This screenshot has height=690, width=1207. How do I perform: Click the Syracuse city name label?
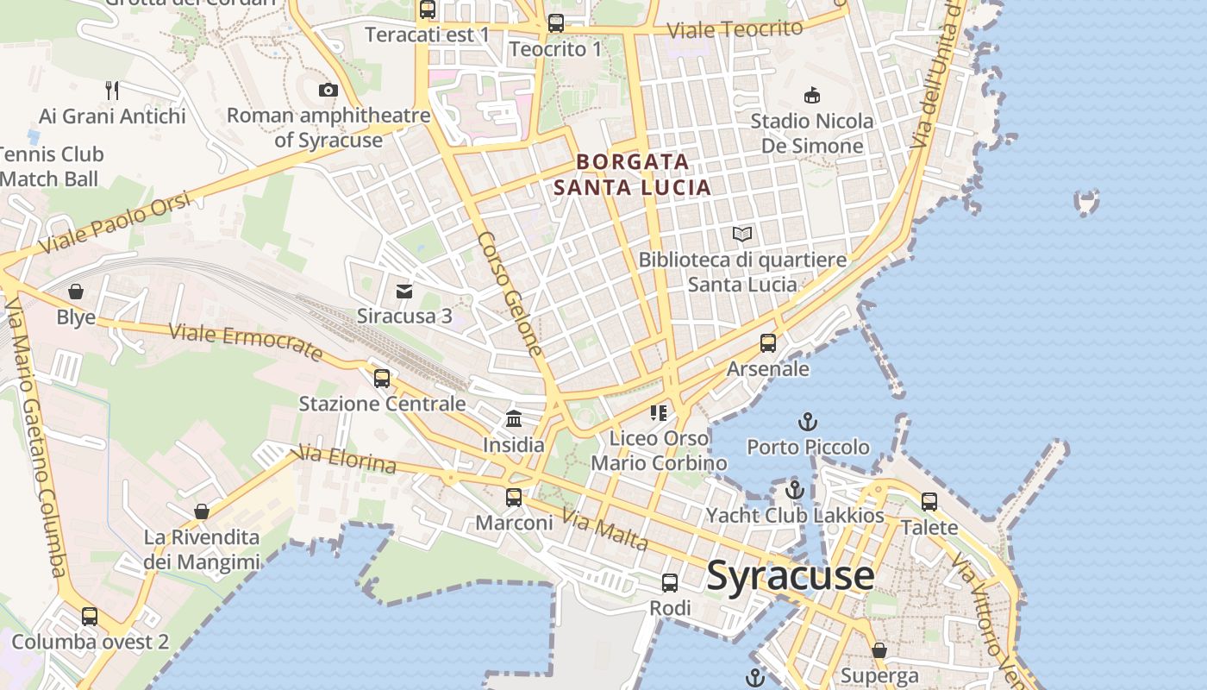(x=790, y=575)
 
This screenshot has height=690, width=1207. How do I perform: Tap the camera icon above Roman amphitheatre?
(x=328, y=90)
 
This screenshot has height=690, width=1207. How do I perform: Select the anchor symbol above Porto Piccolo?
(x=808, y=422)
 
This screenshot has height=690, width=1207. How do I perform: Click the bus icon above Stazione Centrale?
(x=382, y=378)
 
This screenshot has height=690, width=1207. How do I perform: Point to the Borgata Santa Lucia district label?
(x=633, y=174)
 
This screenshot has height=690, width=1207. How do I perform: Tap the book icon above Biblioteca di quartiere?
(x=742, y=234)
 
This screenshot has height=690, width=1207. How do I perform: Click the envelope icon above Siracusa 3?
(x=404, y=291)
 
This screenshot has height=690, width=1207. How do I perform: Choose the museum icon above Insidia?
(x=514, y=419)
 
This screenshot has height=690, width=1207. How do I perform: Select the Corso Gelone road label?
(x=510, y=293)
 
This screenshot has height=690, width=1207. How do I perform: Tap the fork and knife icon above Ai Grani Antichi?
(x=112, y=90)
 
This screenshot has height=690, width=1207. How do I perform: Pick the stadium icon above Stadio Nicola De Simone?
(x=811, y=95)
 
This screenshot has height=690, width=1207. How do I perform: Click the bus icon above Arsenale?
(x=768, y=343)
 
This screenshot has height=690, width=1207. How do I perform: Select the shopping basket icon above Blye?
(x=76, y=292)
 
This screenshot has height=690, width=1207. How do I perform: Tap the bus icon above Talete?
(x=929, y=501)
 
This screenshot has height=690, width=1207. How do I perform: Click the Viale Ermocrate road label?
(x=246, y=342)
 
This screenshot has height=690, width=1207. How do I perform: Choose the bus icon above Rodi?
(x=670, y=583)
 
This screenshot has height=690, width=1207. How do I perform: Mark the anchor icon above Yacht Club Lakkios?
(x=794, y=490)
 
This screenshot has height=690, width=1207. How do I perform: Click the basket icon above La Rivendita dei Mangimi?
(x=202, y=511)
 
